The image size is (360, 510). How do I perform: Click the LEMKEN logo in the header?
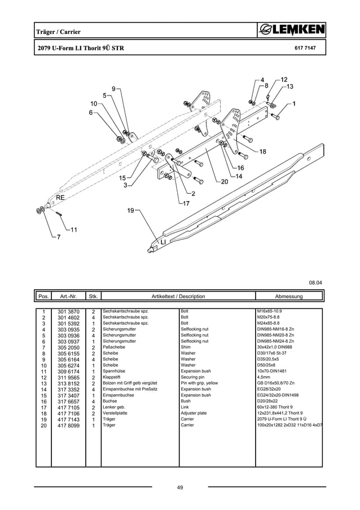click(x=291, y=30)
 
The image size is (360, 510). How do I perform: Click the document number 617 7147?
click(x=305, y=49)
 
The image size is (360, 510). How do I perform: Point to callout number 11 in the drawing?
click(x=73, y=229)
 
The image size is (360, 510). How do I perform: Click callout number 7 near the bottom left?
click(x=58, y=237)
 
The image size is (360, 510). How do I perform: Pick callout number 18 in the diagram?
click(x=262, y=152)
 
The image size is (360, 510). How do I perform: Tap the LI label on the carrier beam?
click(x=164, y=242)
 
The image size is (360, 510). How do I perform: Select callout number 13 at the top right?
click(x=289, y=86)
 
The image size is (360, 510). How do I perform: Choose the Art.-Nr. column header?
click(x=68, y=297)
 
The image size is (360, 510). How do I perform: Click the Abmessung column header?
click(x=288, y=297)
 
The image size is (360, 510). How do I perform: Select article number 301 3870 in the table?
click(x=68, y=311)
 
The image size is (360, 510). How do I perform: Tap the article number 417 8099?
click(x=68, y=425)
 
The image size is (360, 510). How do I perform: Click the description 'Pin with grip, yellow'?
click(x=199, y=383)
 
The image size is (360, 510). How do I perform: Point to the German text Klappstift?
click(x=113, y=377)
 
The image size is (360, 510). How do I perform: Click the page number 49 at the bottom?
click(x=179, y=487)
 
